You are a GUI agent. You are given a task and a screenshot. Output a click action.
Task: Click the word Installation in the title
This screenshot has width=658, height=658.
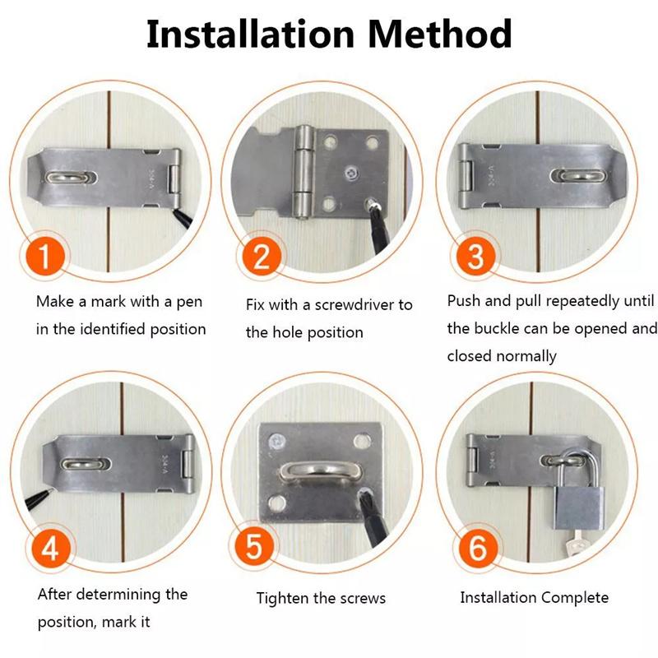click(x=248, y=34)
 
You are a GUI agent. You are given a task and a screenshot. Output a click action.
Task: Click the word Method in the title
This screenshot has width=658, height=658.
click(x=439, y=34)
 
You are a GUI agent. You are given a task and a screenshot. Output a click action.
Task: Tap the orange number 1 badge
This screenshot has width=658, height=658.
click(x=51, y=257)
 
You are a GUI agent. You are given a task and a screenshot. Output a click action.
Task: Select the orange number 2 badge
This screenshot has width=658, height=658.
click(x=261, y=257)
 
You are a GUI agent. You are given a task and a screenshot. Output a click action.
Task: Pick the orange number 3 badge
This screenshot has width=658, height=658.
click(x=475, y=257)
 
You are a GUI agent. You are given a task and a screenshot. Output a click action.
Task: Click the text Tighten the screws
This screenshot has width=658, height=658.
click(x=321, y=598)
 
